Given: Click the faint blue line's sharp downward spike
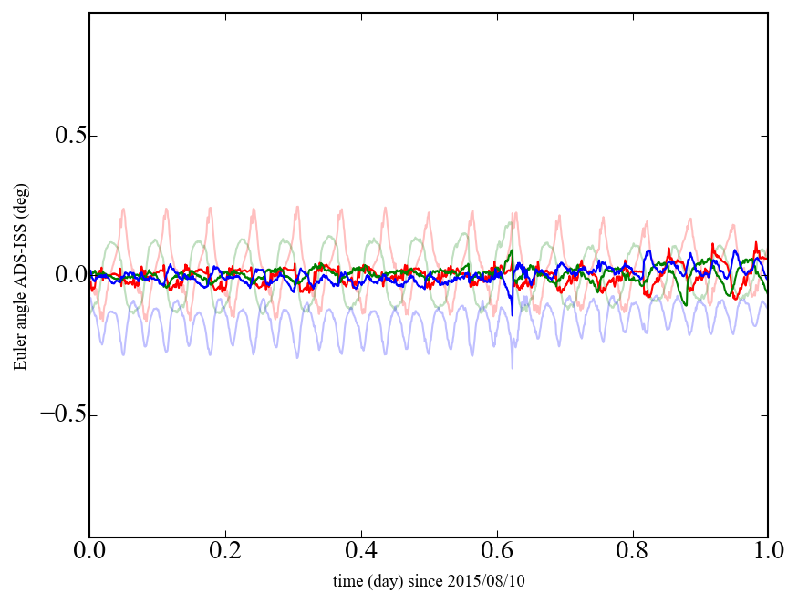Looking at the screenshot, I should (x=512, y=366).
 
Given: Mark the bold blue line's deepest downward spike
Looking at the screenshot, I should (x=512, y=314).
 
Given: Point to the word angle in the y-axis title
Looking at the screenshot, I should (x=20, y=316).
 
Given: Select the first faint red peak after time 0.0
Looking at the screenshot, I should (x=123, y=210).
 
